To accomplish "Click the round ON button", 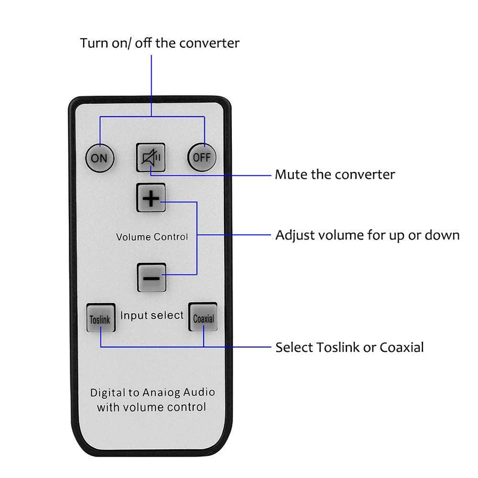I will coord(99,158).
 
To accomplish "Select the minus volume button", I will coord(151,277).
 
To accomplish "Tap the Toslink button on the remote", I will coord(99,319).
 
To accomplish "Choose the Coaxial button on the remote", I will coord(203,318).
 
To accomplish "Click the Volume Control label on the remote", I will coord(152,237).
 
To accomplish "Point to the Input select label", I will coord(152,315).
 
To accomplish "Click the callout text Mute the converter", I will coord(335,174).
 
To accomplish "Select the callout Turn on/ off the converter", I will coord(160,43).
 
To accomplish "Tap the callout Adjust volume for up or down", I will coord(367,235).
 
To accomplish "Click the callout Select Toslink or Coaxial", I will coord(349,347).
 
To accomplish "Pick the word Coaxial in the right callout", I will coord(402,347).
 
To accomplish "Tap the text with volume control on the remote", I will coord(152,407).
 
